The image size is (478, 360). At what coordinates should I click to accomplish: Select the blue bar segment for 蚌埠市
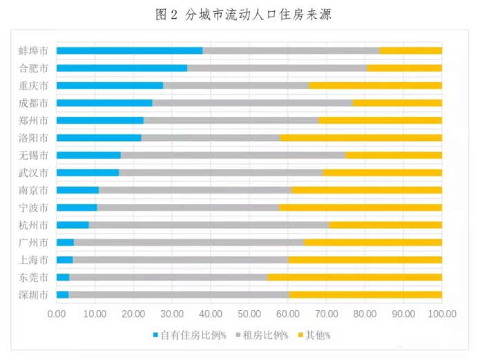129,50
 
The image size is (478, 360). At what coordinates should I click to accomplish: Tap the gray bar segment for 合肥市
277,68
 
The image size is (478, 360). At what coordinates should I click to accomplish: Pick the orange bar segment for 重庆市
375,85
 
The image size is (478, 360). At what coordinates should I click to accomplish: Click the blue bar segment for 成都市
104,103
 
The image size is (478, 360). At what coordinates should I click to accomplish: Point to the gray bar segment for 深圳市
178,294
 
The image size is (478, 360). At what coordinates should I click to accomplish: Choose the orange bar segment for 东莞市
354,277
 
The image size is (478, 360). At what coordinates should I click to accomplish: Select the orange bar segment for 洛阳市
361,138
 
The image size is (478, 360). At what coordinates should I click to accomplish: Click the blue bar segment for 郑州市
100,120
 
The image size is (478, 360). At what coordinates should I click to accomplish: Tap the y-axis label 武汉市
33,173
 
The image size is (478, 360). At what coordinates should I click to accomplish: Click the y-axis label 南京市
33,190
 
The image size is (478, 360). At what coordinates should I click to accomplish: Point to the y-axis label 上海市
33,260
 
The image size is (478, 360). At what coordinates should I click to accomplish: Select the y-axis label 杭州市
33,225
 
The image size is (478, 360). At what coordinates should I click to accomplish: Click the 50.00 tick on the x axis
249,313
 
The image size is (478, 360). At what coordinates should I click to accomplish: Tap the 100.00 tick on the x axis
442,313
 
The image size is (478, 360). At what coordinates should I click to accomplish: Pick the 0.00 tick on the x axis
57,313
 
